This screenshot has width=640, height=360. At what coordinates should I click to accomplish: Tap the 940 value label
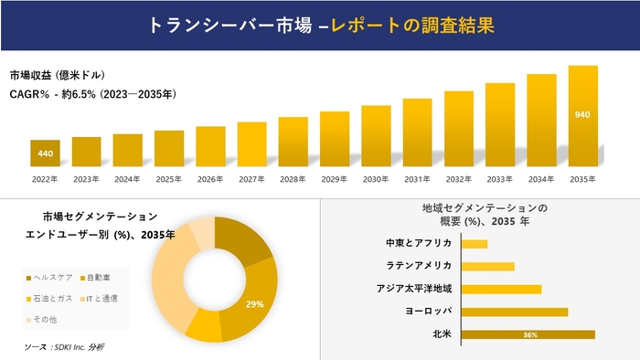pyautogui.click(x=582, y=114)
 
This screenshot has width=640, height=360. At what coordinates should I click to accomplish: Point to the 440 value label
pyautogui.click(x=45, y=153)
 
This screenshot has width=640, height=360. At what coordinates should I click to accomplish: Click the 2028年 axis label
pyautogui.click(x=293, y=178)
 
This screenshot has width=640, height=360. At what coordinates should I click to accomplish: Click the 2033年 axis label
pyautogui.click(x=499, y=178)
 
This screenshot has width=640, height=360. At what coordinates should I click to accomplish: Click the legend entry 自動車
pyautogui.click(x=100, y=277)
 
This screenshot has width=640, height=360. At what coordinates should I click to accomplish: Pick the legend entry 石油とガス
pyautogui.click(x=54, y=298)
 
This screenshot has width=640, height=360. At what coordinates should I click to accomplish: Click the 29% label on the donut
pyautogui.click(x=255, y=302)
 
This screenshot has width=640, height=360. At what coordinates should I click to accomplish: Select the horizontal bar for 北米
pyautogui.click(x=528, y=334)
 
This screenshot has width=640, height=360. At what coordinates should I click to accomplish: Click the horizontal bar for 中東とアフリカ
pyautogui.click(x=475, y=244)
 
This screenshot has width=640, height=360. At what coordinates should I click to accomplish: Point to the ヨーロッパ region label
pyautogui.click(x=426, y=312)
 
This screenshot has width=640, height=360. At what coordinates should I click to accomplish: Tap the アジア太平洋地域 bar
pyautogui.click(x=502, y=290)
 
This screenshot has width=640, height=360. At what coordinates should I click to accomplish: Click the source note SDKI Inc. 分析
pyautogui.click(x=63, y=347)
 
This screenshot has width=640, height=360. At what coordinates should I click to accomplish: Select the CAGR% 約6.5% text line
pyautogui.click(x=92, y=93)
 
